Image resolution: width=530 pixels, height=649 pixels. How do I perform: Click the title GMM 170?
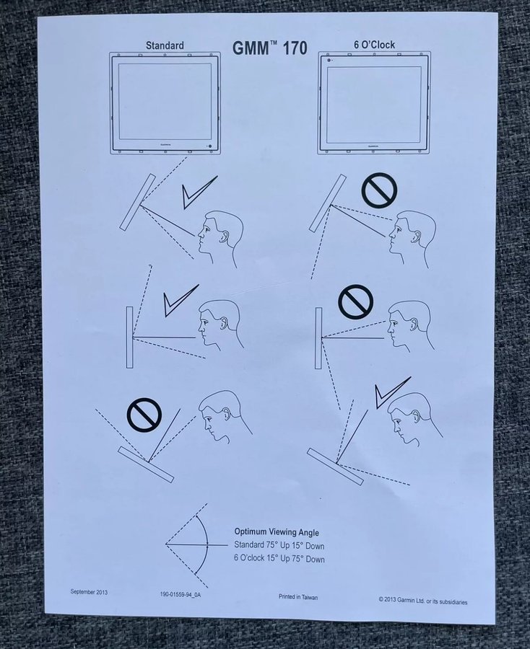tap(270, 48)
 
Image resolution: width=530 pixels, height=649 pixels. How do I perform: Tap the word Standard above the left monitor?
tap(165, 45)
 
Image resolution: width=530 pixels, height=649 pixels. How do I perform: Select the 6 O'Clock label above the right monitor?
tap(374, 45)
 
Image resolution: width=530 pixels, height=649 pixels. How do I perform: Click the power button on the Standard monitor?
tap(209, 147)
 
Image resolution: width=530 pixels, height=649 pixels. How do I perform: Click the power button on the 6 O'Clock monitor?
tap(329, 61)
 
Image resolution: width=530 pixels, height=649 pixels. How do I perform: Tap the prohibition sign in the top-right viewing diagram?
tap(379, 190)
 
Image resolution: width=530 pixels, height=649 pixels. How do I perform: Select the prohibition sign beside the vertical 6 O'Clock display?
tap(356, 301)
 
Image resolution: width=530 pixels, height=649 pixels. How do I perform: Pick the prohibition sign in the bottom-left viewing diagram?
tap(144, 415)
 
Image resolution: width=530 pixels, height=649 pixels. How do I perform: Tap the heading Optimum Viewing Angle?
tap(277, 532)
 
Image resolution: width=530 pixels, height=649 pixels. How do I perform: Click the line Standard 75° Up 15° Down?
tap(279, 546)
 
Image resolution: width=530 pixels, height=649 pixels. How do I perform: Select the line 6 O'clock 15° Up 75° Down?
tap(279, 559)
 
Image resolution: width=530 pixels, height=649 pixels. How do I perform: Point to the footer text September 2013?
tap(89, 592)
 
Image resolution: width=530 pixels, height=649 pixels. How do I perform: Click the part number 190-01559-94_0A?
tap(181, 594)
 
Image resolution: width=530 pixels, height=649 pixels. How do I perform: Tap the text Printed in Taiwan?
tap(298, 597)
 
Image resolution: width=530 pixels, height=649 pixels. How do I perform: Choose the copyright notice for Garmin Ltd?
tap(422, 601)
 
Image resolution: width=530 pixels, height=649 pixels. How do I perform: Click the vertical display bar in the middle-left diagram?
tap(130, 337)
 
